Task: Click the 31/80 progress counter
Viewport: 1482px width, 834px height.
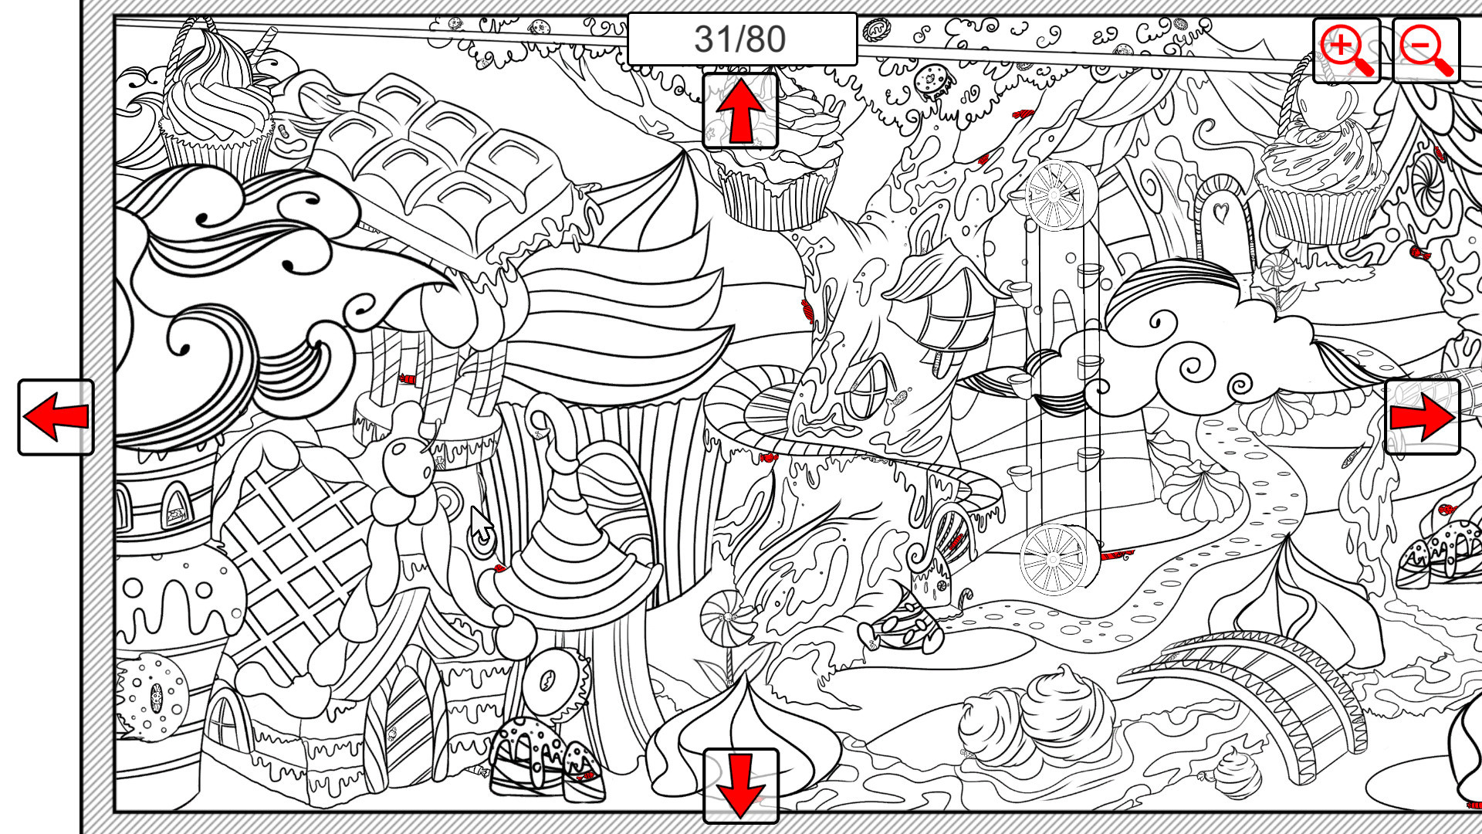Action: [x=741, y=39]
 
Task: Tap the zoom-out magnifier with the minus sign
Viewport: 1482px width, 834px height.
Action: [x=1426, y=50]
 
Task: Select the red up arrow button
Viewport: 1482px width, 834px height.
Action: [x=740, y=111]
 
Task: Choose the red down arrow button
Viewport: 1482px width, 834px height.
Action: [x=740, y=786]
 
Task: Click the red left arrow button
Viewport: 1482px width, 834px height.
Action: [x=56, y=417]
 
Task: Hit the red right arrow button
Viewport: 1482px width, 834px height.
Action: [x=1423, y=417]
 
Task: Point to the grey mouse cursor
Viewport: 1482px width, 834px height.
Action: [x=482, y=525]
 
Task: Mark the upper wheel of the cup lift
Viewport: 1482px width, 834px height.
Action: [x=1054, y=195]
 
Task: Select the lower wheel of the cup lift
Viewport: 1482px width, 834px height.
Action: [x=1055, y=558]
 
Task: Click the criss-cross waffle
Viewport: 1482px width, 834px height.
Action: [x=293, y=556]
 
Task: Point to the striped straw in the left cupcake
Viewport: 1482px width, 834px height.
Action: [x=265, y=42]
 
